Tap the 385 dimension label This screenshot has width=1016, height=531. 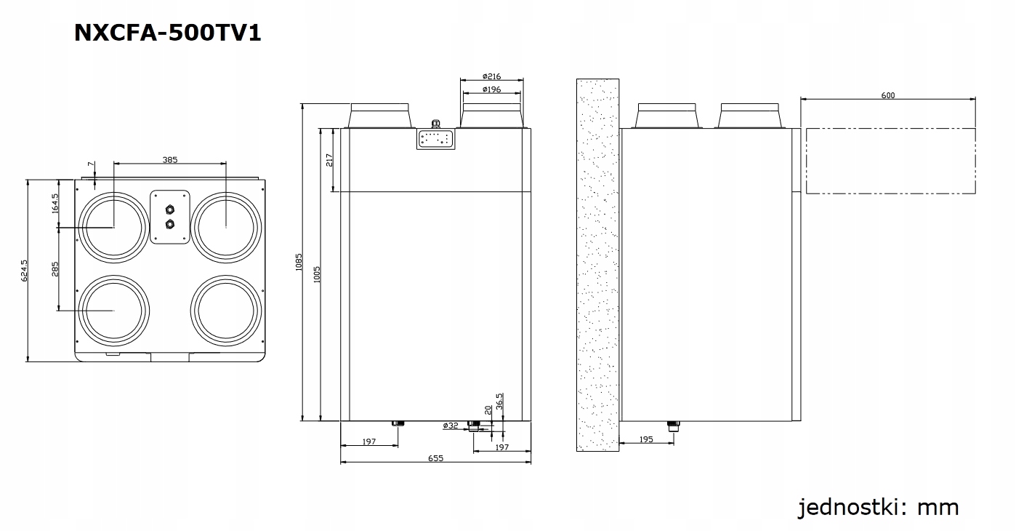click(x=170, y=159)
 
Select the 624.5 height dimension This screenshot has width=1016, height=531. click(x=24, y=270)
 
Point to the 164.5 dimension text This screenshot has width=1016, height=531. click(x=55, y=203)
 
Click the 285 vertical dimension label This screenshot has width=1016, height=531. click(x=55, y=269)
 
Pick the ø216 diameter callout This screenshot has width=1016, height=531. click(x=492, y=76)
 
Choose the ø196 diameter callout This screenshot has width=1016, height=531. click(x=492, y=89)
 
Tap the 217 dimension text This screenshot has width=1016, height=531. click(x=329, y=160)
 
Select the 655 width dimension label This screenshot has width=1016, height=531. click(x=435, y=458)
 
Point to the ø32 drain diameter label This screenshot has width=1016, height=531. click(x=451, y=426)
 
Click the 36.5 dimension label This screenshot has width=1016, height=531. click(x=499, y=401)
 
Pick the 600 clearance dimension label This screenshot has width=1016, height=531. click(x=887, y=95)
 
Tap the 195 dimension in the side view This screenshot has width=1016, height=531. click(x=646, y=439)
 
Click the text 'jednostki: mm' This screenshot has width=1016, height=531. click(x=878, y=507)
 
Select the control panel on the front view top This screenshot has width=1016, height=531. click(x=435, y=138)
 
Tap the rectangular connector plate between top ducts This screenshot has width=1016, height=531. click(x=170, y=217)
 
